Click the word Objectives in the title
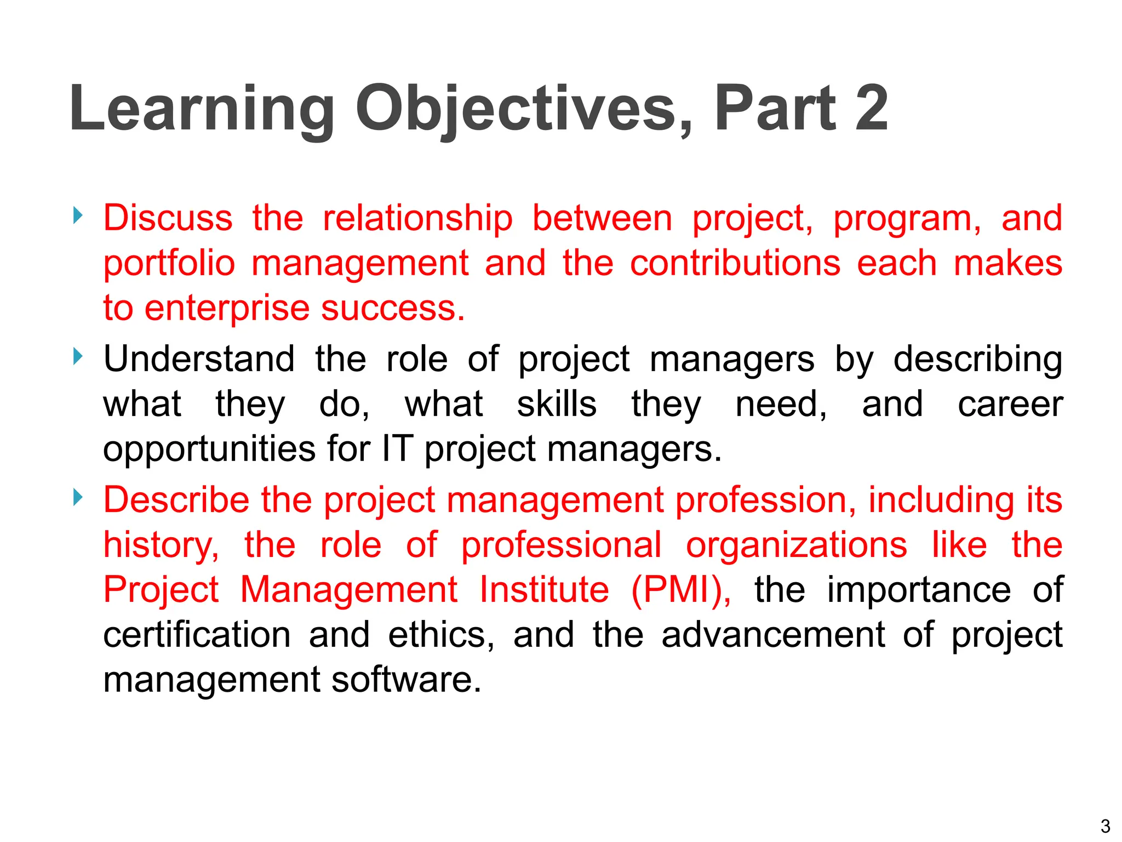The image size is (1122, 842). pos(523,109)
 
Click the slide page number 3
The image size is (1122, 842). pos(1105,826)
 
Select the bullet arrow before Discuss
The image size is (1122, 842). pos(78,215)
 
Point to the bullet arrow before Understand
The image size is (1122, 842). pos(78,357)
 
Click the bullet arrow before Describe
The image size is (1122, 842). pos(78,498)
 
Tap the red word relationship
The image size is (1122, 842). pos(417,218)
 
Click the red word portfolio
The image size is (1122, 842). pos(169,264)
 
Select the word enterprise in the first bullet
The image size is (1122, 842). pos(226,309)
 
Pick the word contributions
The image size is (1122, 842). pos(735,263)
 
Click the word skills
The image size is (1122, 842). pos(557,405)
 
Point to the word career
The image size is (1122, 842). pos(1010,405)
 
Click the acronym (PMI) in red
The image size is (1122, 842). pos(680,590)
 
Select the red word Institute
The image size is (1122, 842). pos(543,590)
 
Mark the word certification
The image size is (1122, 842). pos(197,635)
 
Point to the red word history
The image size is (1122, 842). pos(161,546)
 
